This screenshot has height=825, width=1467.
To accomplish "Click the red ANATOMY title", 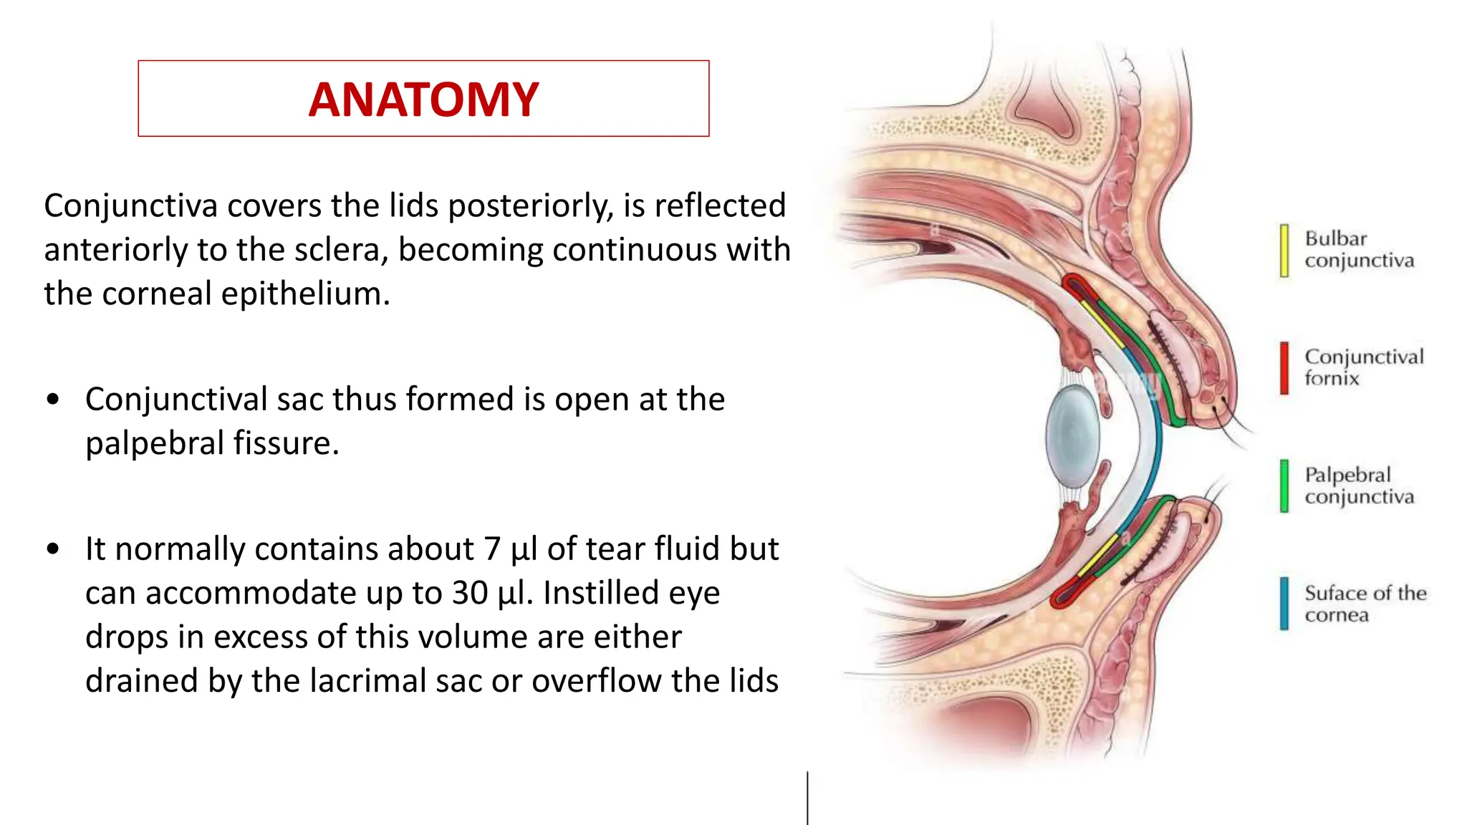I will [x=423, y=99].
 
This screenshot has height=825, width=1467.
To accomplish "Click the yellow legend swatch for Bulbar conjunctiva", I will [x=1284, y=251].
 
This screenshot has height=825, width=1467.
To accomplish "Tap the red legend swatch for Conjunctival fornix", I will [x=1284, y=368].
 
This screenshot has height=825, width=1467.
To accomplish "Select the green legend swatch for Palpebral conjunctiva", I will [x=1284, y=486].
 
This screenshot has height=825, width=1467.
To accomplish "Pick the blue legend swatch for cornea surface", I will [x=1284, y=604].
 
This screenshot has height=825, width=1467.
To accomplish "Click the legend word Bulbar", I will [x=1335, y=238].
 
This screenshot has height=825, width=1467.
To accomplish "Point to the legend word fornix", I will [x=1332, y=379].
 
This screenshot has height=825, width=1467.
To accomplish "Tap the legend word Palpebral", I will [x=1347, y=475].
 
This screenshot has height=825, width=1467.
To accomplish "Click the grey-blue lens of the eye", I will [x=1072, y=437].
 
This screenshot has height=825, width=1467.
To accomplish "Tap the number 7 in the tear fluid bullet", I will [x=491, y=549].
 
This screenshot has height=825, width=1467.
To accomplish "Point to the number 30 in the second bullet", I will [x=469, y=593].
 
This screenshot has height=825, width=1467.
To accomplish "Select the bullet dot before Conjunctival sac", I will [x=52, y=400].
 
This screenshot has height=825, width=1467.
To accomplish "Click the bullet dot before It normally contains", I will [x=52, y=549].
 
